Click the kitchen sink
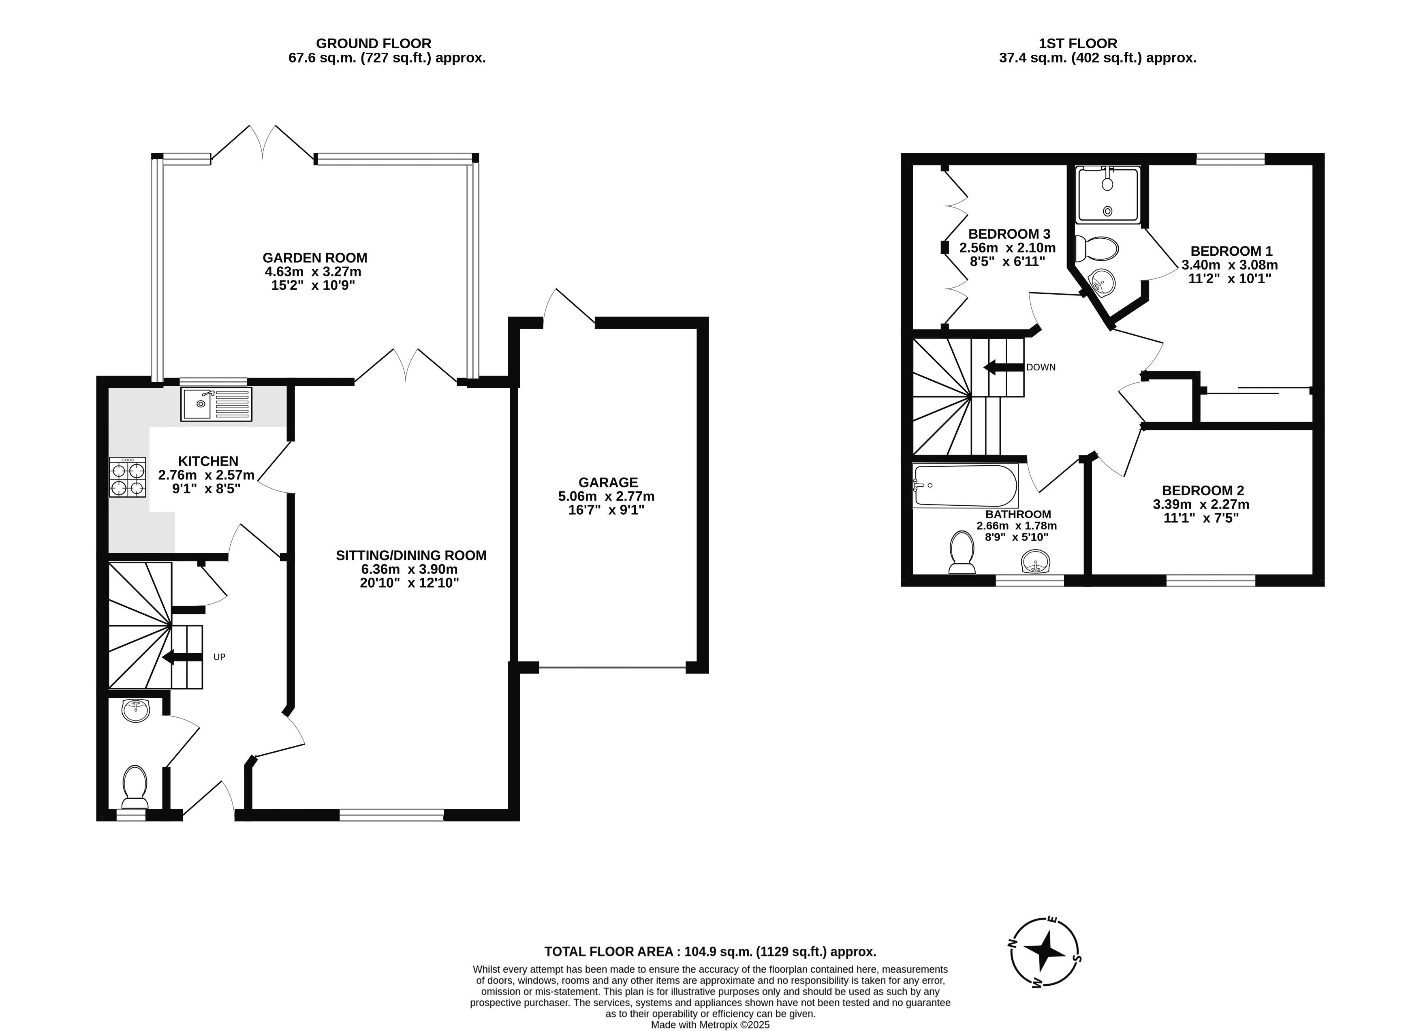tap(216, 404)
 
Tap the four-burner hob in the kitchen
tap(128, 477)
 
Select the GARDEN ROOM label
tap(314, 258)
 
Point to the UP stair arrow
tap(182, 657)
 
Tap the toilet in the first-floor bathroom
tap(962, 552)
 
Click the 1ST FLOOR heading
tap(1078, 43)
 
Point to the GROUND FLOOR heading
tap(374, 43)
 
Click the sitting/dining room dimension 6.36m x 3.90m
tap(409, 569)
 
